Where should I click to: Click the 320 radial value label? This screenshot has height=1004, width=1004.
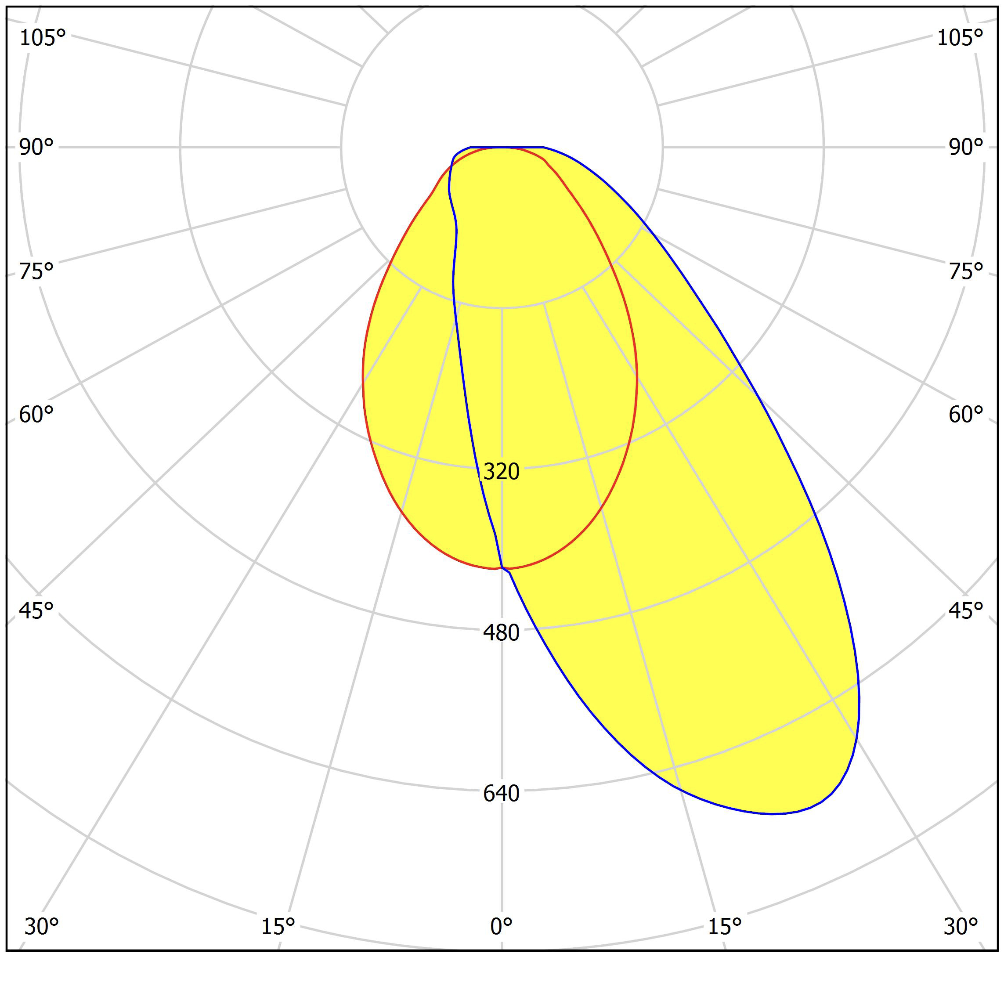501,472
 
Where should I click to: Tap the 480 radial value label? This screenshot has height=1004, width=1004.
501,633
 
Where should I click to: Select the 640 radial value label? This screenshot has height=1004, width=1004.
501,794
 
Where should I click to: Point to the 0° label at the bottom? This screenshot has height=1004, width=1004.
501,927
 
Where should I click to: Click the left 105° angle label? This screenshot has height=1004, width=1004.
42,38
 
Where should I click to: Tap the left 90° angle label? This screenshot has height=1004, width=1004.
36,148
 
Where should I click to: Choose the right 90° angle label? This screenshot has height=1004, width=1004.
965,148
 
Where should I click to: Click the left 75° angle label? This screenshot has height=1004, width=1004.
36,271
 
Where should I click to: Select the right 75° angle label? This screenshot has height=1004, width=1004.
965,271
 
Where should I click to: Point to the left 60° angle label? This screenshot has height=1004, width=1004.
36,415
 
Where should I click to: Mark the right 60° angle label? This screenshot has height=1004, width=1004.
965,415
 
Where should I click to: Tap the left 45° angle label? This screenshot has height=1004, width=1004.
36,611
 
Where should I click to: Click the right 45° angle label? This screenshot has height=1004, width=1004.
965,611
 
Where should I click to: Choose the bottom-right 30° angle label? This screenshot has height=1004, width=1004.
961,927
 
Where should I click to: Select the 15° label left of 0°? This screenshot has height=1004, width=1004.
278,927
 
